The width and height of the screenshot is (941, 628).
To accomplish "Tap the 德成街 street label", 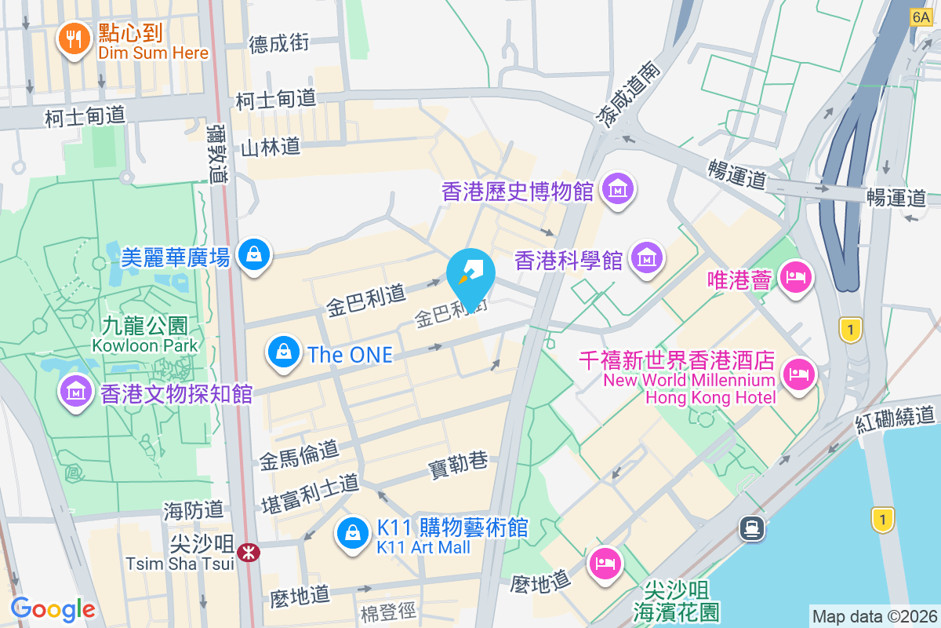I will (x=279, y=44).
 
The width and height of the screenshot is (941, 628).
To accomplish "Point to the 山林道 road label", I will (x=270, y=147).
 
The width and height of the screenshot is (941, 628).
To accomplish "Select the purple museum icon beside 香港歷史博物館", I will (x=618, y=189).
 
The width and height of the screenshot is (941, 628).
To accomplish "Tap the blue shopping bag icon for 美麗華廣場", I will (x=254, y=254).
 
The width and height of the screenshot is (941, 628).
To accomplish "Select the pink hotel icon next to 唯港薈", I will (x=796, y=278).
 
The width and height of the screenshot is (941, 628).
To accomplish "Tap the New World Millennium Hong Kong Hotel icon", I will (x=797, y=373).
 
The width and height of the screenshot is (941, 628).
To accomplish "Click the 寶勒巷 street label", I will (x=458, y=464).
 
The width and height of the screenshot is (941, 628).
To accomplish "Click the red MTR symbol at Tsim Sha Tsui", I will (x=249, y=553).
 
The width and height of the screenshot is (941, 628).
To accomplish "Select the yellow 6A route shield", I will (x=920, y=17).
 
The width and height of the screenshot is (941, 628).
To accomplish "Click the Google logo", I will (x=53, y=608).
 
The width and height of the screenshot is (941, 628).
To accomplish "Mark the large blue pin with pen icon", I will (x=470, y=275).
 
